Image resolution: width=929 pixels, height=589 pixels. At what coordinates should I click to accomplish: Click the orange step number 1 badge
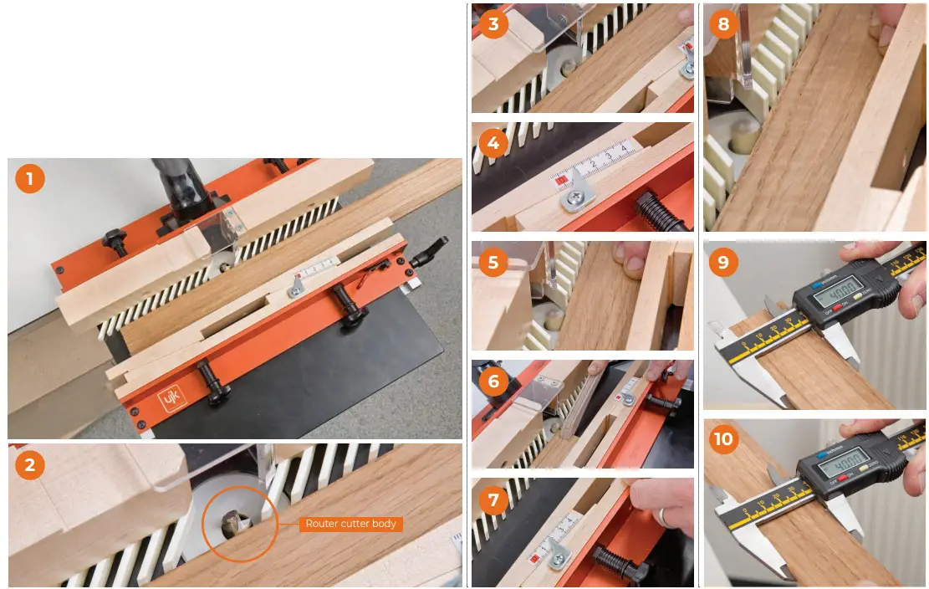30,179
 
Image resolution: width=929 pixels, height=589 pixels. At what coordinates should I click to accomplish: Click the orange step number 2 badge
30,464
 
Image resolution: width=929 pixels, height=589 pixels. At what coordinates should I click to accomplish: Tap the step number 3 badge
493,24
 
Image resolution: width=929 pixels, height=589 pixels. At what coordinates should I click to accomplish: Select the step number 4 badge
493,143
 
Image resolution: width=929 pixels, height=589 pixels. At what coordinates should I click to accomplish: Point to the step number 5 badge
493,263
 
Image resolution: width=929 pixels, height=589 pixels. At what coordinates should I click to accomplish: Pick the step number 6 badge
493,382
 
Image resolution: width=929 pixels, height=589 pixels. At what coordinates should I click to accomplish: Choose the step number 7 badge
493,500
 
